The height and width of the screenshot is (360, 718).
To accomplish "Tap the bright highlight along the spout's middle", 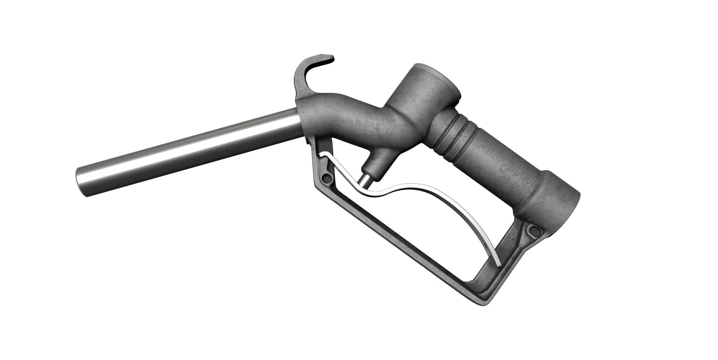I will point(186,142).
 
